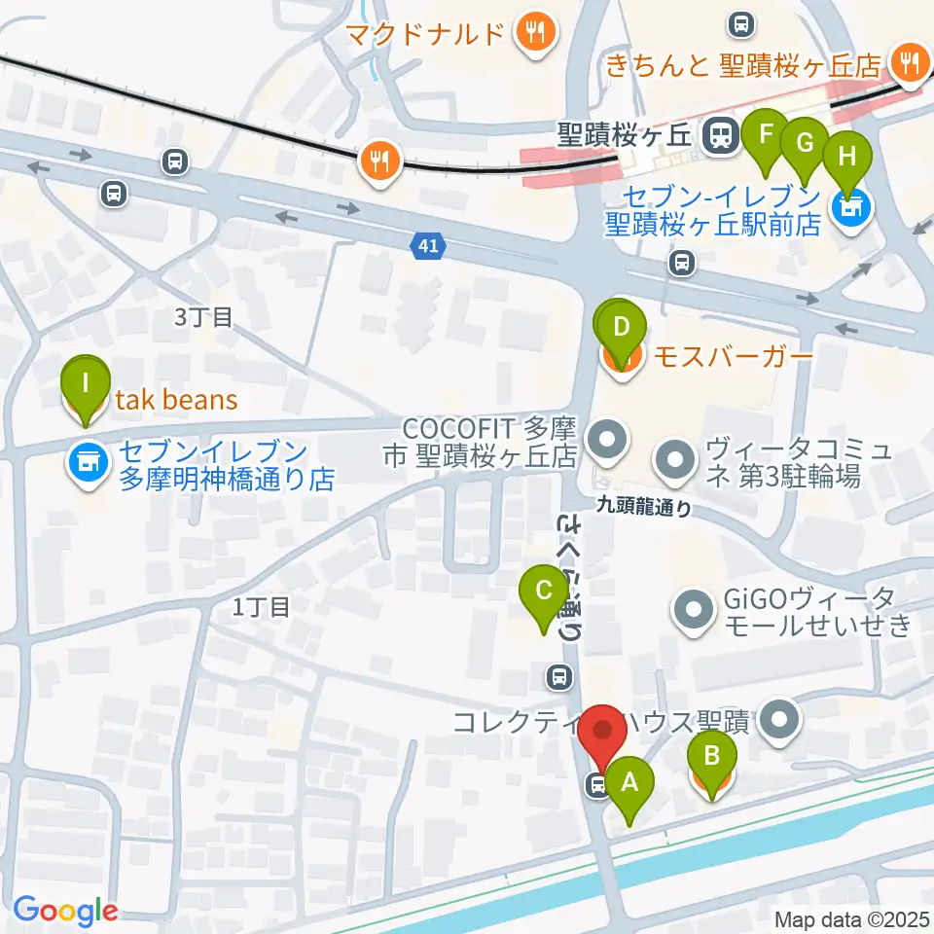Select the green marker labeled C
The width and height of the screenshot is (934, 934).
(x=544, y=591)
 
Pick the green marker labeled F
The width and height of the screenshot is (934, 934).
(x=766, y=133)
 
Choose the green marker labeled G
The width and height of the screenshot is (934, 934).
(x=804, y=142)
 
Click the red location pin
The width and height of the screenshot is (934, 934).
(x=604, y=732)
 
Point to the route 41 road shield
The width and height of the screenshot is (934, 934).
(x=429, y=247)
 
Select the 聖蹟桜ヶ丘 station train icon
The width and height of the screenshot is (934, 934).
(x=720, y=135)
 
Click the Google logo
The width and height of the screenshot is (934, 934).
(x=65, y=911)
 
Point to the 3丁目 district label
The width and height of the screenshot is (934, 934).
(x=203, y=316)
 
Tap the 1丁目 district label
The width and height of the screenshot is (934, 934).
(x=261, y=607)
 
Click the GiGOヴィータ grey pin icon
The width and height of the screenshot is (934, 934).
(x=694, y=611)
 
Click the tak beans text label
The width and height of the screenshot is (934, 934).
(x=177, y=399)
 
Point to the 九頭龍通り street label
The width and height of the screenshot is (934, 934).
(x=644, y=506)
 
